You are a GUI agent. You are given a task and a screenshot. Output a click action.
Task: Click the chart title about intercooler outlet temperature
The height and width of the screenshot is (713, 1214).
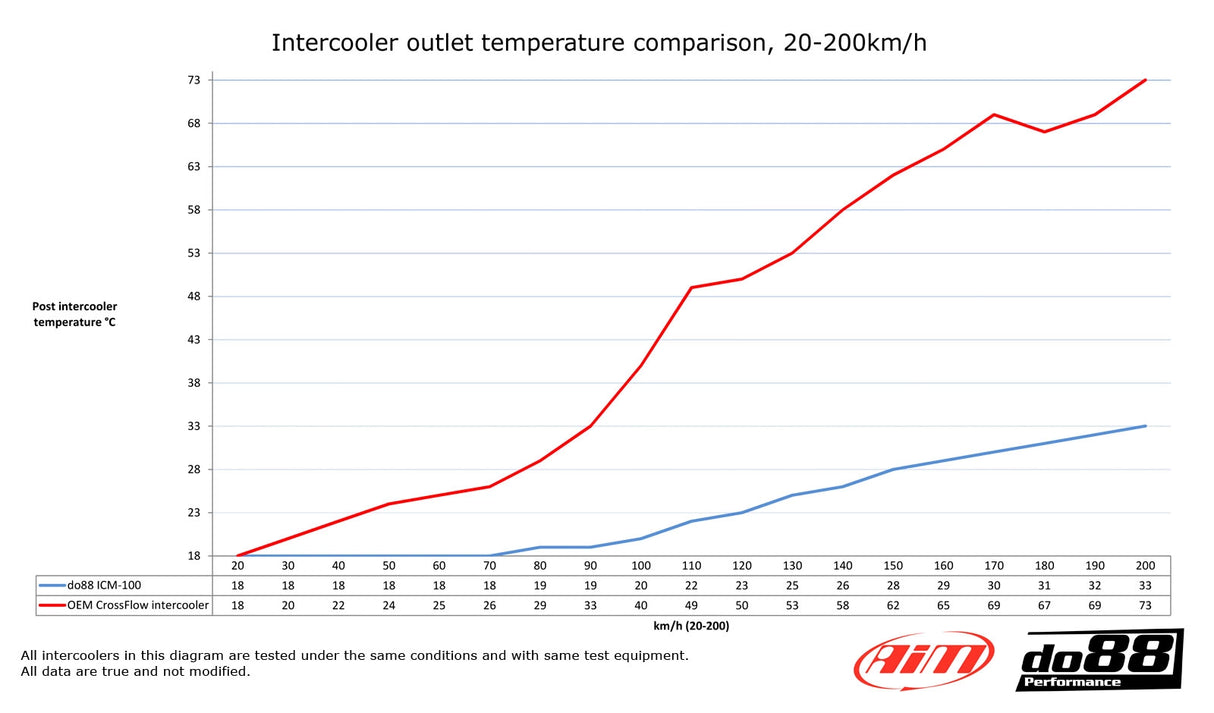[x=599, y=43]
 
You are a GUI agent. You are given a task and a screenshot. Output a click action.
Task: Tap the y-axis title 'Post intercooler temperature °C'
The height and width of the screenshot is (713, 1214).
[x=74, y=314]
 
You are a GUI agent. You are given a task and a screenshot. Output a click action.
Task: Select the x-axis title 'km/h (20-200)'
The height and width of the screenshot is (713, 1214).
[x=691, y=625]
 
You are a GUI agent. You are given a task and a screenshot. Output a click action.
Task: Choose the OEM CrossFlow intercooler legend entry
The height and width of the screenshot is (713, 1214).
[x=125, y=605]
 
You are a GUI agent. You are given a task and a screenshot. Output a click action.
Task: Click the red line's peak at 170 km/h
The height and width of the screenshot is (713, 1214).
[x=994, y=114]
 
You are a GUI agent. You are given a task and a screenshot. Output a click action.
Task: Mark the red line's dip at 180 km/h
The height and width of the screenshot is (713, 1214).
[x=1044, y=132]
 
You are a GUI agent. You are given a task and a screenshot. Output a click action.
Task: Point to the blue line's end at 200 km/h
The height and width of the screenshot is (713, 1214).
[x=1145, y=426]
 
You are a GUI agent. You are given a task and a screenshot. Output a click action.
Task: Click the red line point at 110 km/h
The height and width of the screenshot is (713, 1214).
[x=691, y=288]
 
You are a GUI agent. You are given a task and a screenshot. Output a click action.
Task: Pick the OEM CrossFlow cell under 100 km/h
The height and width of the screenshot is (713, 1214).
[x=641, y=605]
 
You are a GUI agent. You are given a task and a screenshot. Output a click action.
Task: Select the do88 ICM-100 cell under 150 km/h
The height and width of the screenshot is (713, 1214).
[x=893, y=585]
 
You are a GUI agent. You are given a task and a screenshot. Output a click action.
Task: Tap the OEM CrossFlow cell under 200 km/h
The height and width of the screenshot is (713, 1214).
[x=1145, y=605]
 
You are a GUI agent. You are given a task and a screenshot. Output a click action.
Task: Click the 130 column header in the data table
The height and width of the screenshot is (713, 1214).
[x=792, y=566]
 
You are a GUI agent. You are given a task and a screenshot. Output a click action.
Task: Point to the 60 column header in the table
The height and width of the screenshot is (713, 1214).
[x=439, y=566]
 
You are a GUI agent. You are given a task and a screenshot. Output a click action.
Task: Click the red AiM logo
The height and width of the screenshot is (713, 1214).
[x=923, y=660]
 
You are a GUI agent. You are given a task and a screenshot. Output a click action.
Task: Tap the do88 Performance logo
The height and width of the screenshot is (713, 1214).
[x=1098, y=660]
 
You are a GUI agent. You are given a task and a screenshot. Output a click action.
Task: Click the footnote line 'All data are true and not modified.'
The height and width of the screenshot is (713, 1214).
[x=135, y=672]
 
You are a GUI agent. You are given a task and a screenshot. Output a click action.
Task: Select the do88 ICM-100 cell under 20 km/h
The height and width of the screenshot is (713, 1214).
[x=238, y=585]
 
